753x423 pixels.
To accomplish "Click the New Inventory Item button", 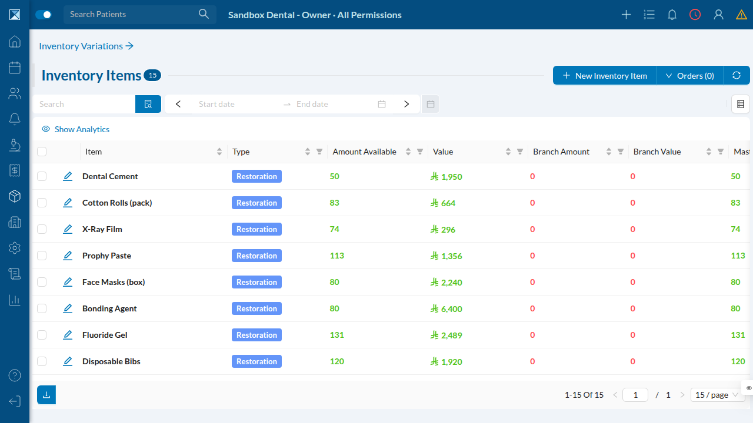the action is point(604,76).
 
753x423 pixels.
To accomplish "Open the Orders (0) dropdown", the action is point(690,76).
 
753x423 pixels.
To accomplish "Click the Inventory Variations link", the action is point(86,46).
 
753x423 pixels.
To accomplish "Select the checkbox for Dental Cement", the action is point(42,176).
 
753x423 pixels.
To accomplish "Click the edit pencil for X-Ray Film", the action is point(68,229).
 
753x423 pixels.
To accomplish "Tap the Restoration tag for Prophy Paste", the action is point(256,256).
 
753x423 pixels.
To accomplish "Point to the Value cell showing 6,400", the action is point(446,309).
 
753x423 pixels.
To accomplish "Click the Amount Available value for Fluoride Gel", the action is point(337,335).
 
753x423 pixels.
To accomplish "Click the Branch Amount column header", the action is point(561,152).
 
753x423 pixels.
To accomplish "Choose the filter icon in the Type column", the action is point(319,152).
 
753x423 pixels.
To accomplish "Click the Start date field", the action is point(235,104).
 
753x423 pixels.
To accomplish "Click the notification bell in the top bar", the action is point(672,15).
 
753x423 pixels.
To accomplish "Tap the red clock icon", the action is point(695,15).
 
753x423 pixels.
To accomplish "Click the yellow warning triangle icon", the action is point(741,15).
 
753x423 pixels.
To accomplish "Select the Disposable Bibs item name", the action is point(111,361).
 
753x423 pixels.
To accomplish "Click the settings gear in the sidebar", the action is point(15,248).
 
